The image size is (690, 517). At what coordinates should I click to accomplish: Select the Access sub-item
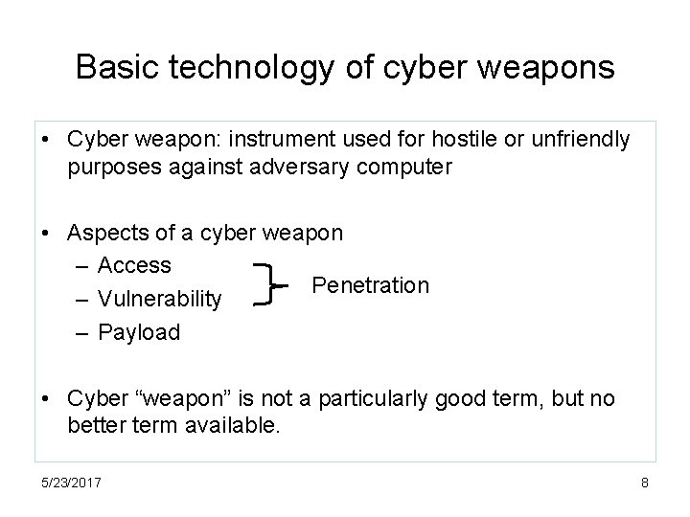[134, 265]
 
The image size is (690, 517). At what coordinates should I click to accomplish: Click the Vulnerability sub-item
[160, 300]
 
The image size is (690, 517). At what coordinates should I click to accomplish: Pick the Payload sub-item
[139, 332]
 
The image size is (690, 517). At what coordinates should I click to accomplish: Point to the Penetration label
[371, 285]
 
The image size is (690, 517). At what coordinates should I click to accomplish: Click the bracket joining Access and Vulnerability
[264, 285]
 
